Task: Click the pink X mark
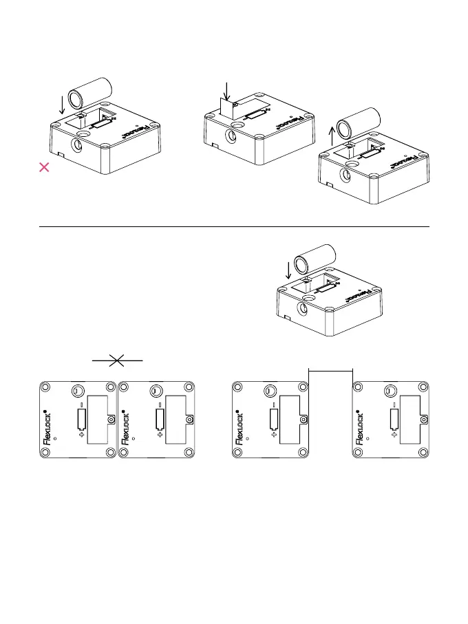pos(43,167)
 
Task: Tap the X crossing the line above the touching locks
pos(117,360)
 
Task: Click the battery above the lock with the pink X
pos(91,92)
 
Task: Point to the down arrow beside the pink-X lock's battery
pos(62,105)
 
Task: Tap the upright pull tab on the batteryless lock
pos(228,107)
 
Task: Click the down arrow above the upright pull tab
pos(226,89)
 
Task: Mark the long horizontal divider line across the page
pos(234,226)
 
